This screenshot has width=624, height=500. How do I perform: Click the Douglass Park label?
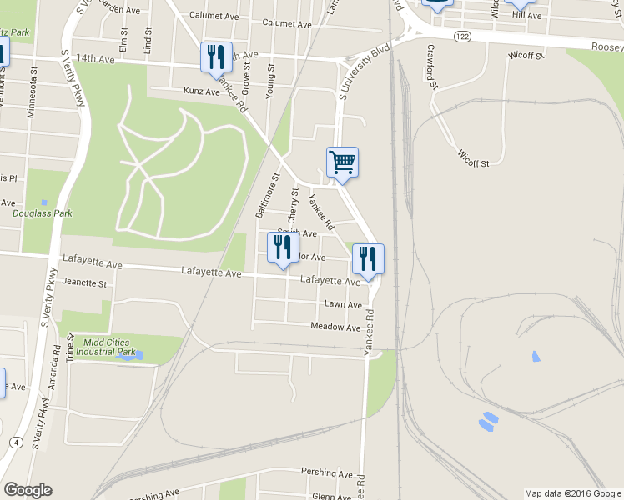(x=43, y=213)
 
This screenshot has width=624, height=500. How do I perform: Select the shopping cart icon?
(x=342, y=162)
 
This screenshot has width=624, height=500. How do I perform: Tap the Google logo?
(x=28, y=490)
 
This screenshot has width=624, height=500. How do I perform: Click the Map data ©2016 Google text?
(x=571, y=493)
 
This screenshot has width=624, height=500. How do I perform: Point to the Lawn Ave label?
(x=343, y=305)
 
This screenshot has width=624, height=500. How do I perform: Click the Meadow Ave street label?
(x=335, y=327)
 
